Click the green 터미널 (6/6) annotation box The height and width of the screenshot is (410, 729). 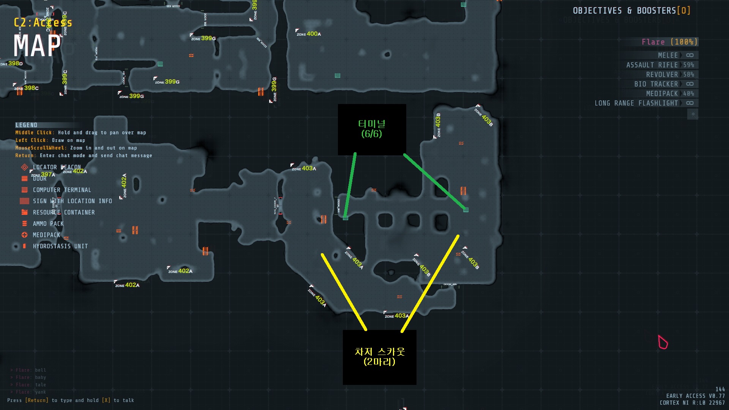click(x=372, y=129)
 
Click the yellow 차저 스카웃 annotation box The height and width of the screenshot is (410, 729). click(x=379, y=357)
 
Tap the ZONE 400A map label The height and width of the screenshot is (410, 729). click(x=309, y=34)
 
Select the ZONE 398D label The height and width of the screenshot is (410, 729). click(x=11, y=63)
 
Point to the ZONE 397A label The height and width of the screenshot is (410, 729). click(x=43, y=175)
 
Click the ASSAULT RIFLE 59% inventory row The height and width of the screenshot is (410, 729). click(x=660, y=65)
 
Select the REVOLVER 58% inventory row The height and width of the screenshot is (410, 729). click(x=670, y=74)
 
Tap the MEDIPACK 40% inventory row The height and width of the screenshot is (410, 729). click(x=670, y=93)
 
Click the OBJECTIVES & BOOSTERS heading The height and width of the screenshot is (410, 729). click(x=631, y=11)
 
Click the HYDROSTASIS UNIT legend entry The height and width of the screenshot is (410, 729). click(x=60, y=246)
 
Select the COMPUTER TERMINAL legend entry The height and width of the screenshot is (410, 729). click(x=62, y=190)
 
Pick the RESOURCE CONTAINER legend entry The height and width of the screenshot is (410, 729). click(x=63, y=212)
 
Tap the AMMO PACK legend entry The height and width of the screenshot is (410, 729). click(x=48, y=224)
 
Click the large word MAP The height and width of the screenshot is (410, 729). click(x=37, y=46)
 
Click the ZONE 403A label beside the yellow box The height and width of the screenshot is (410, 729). click(x=397, y=316)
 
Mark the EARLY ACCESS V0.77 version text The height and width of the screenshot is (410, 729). click(x=695, y=396)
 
